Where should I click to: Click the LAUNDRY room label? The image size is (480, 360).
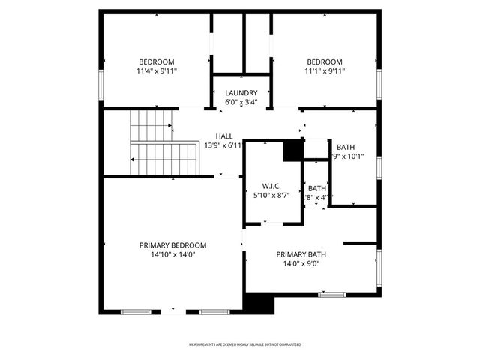(x=241, y=93)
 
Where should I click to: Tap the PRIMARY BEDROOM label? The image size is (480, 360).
(x=172, y=245)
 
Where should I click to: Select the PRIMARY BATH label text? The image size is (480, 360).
(x=301, y=254)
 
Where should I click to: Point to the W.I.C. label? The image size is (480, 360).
(x=271, y=186)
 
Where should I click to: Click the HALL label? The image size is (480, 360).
(x=223, y=136)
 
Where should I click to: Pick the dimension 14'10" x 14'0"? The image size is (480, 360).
(x=172, y=255)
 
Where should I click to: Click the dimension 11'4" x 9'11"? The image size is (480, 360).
(x=156, y=71)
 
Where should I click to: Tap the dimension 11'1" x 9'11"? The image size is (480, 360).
(x=325, y=71)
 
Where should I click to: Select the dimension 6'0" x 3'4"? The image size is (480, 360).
(x=241, y=102)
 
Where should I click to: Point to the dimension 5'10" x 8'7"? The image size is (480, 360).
(x=271, y=196)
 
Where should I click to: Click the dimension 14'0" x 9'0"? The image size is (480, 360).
(x=301, y=264)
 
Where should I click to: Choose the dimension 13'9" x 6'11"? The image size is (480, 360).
(x=223, y=146)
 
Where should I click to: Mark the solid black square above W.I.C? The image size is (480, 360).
(x=292, y=151)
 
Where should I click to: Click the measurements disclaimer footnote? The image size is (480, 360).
(x=244, y=344)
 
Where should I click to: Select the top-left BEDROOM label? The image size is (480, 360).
(x=156, y=61)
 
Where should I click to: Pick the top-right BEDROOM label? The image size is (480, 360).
(x=325, y=61)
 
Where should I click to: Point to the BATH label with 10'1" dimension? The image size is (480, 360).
(x=346, y=147)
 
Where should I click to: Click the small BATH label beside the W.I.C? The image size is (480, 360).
(x=317, y=188)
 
